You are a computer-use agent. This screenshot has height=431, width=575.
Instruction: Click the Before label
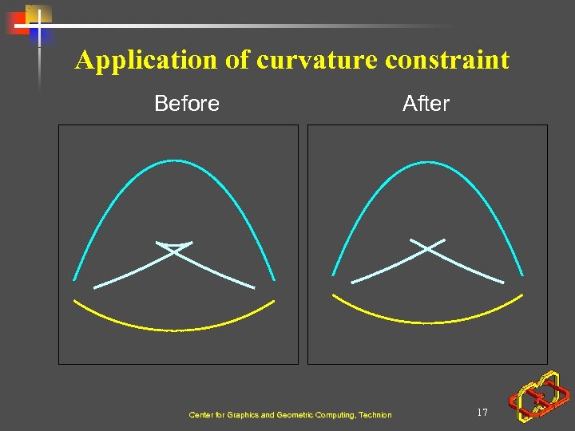click(187, 104)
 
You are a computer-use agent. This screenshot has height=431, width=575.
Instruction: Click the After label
click(426, 104)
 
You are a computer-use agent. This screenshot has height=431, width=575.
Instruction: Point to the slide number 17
click(482, 413)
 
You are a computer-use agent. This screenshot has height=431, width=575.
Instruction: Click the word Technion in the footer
click(374, 415)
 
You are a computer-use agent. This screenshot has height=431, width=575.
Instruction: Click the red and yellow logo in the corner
click(540, 396)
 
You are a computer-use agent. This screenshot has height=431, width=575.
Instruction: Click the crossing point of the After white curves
click(428, 249)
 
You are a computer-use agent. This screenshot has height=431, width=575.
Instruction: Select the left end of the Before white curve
click(95, 287)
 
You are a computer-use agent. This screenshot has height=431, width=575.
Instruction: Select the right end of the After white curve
click(503, 283)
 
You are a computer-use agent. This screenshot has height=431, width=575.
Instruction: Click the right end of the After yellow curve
click(522, 295)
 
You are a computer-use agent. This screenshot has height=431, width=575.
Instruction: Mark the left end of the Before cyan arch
click(75, 279)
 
